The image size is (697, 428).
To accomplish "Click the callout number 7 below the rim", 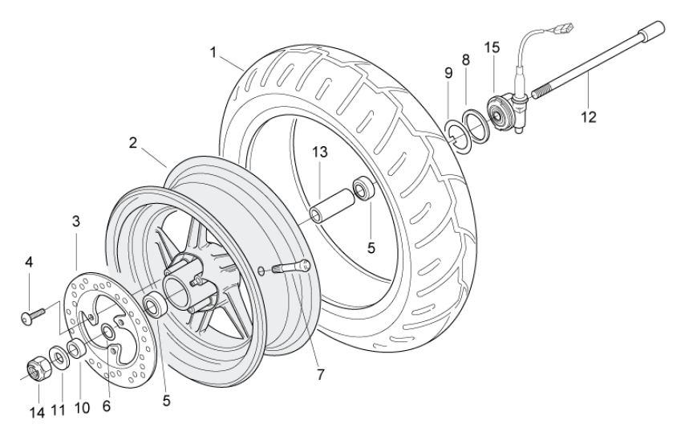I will tap(319, 375).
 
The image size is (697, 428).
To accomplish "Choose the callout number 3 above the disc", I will tap(75, 222).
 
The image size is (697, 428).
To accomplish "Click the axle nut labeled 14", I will tap(35, 369).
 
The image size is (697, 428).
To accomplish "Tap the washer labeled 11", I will tap(59, 355).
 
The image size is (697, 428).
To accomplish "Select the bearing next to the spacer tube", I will tap(365, 190).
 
